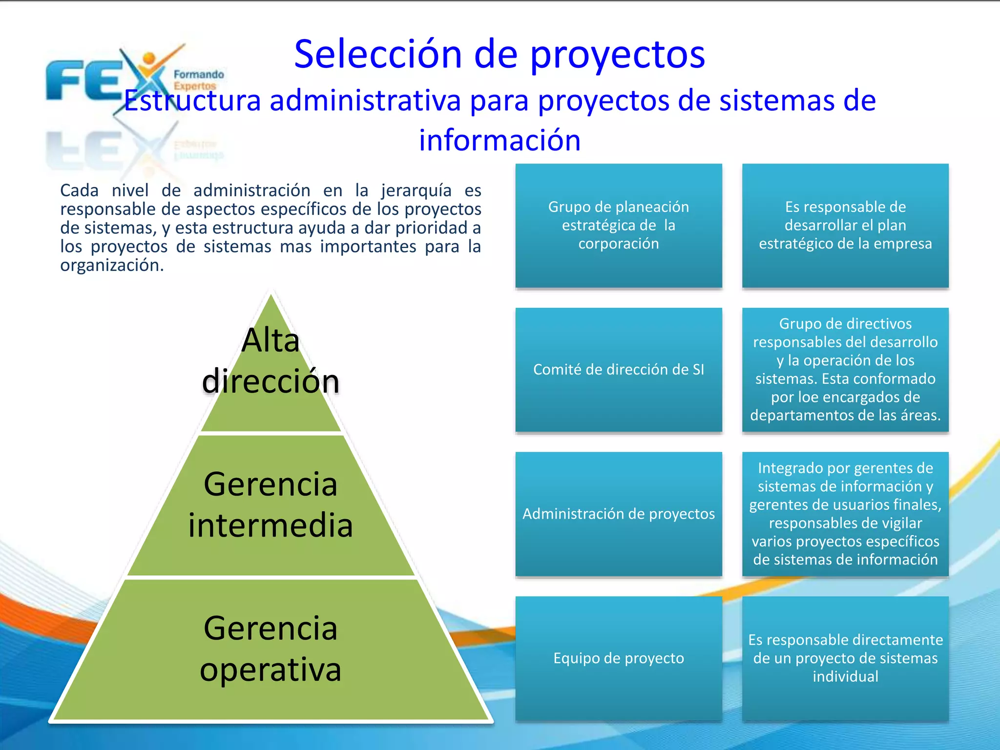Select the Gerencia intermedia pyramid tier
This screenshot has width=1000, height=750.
[x=271, y=505]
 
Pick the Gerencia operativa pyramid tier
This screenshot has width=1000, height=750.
[x=271, y=649]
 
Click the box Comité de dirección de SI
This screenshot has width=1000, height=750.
[x=618, y=370]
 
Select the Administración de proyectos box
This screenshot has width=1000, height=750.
[x=618, y=514]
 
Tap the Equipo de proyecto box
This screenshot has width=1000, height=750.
[x=618, y=658]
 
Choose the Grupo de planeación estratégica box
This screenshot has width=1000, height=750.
[x=618, y=225]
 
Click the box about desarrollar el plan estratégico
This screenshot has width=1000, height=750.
[x=845, y=225]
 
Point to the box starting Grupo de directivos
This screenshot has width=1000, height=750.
[x=845, y=370]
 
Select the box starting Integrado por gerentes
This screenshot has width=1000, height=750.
[x=845, y=514]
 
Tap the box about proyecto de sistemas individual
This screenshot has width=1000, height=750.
[x=845, y=658]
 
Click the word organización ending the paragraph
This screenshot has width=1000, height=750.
[x=111, y=266]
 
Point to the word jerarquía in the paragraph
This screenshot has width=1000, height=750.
[x=416, y=190]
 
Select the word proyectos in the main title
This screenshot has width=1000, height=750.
[x=617, y=55]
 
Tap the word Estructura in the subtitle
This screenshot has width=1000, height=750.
[x=192, y=101]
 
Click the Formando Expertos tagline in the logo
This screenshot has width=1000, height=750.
[x=198, y=80]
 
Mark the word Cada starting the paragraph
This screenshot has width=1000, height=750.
[x=79, y=190]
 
